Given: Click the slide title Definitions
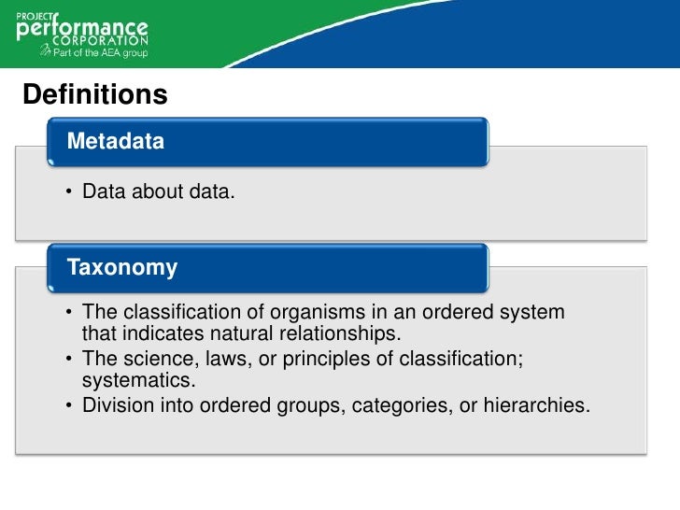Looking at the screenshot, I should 94,95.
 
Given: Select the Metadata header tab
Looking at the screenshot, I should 116,142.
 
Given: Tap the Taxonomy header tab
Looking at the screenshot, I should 122,268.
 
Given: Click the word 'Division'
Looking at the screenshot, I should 117,406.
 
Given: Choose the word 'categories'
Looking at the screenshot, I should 395,406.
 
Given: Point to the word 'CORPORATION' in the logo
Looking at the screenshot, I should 105,41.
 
